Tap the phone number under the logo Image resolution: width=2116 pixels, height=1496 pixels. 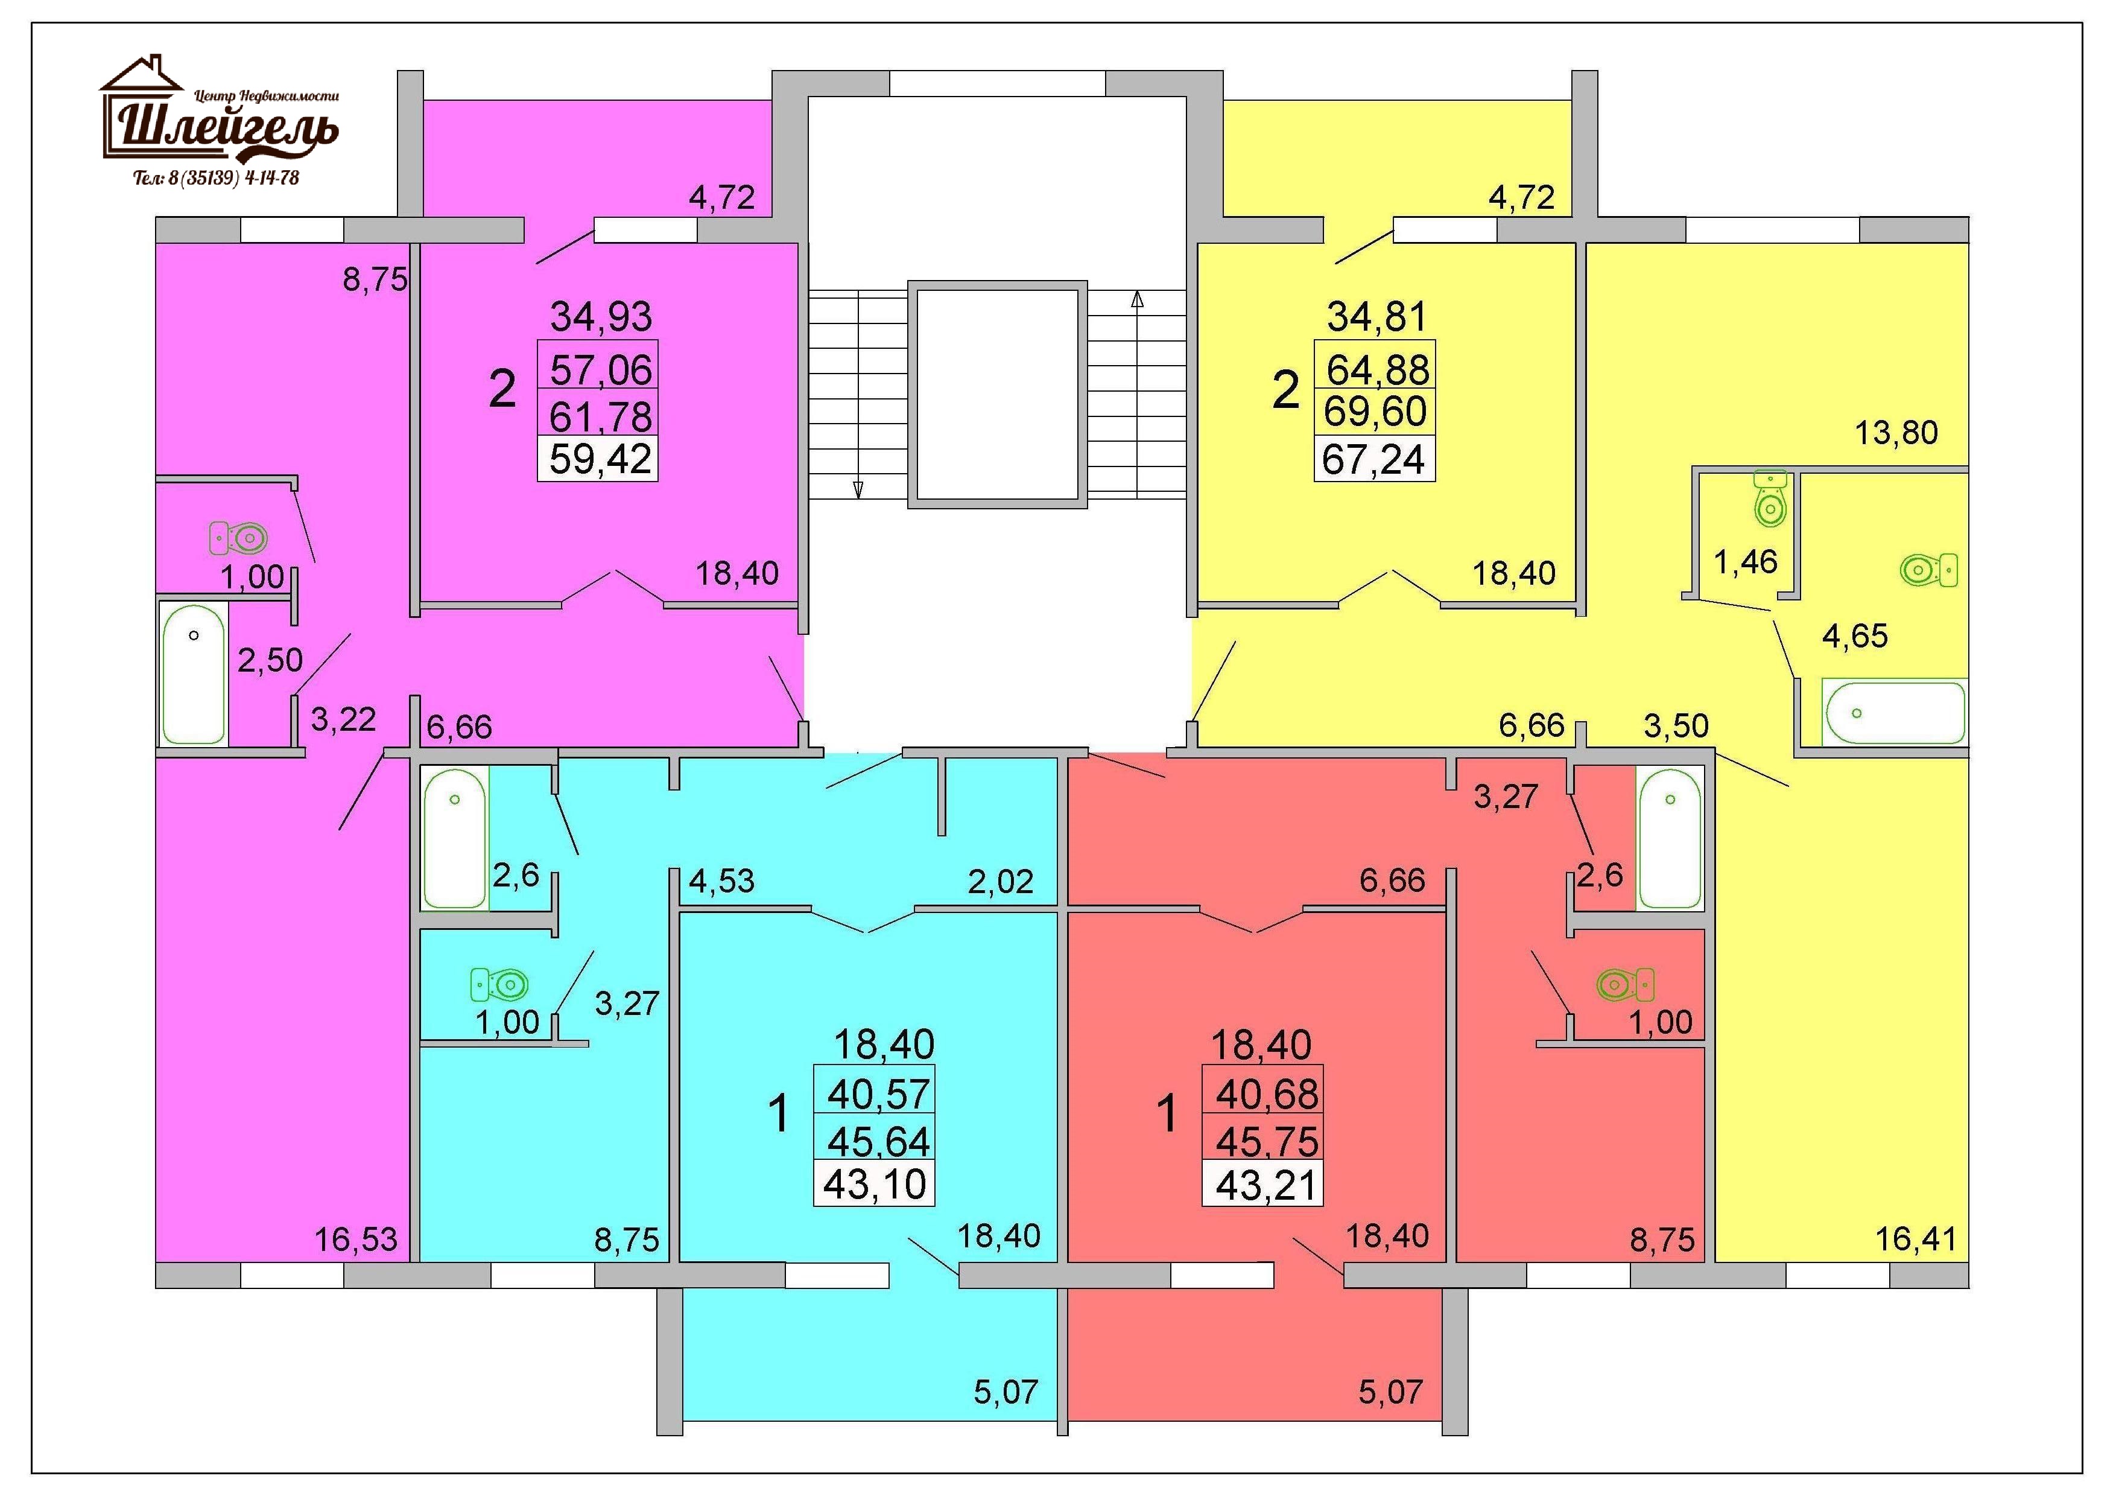217,178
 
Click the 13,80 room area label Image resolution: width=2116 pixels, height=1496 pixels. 1896,432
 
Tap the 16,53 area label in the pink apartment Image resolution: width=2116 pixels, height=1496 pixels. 356,1240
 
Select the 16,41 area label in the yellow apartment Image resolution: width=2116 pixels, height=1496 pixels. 1916,1240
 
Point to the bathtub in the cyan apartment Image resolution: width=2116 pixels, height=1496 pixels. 454,838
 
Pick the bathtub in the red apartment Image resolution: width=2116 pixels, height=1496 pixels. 1670,838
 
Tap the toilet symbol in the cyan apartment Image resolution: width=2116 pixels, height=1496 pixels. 499,984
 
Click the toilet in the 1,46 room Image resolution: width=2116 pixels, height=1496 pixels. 1770,498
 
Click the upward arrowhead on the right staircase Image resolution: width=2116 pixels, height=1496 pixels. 1137,299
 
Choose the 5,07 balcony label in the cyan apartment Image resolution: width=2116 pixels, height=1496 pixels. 1006,1392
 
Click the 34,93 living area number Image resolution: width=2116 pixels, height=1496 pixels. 601,316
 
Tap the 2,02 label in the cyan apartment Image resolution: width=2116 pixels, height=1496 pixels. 1000,882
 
